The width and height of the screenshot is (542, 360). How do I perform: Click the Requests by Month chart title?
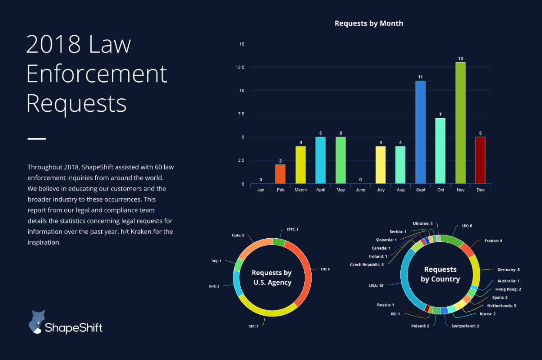pyautogui.click(x=369, y=23)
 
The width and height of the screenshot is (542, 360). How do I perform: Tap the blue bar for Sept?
pyautogui.click(x=420, y=132)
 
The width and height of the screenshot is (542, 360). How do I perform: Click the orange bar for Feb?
pyautogui.click(x=280, y=174)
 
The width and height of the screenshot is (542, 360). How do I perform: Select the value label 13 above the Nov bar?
pyautogui.click(x=460, y=58)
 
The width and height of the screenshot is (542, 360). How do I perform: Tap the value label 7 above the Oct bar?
pyautogui.click(x=440, y=114)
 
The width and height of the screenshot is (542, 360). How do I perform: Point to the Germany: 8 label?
pyautogui.click(x=509, y=270)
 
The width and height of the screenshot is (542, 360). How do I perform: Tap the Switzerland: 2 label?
pyautogui.click(x=465, y=326)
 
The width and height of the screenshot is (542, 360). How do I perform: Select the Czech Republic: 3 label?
pyautogui.click(x=367, y=264)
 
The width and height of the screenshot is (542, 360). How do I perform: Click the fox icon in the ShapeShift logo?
pyautogui.click(x=38, y=322)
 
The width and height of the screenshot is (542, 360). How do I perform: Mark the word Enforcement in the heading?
pyautogui.click(x=96, y=74)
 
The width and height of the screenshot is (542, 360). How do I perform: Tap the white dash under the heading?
pyautogui.click(x=37, y=139)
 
